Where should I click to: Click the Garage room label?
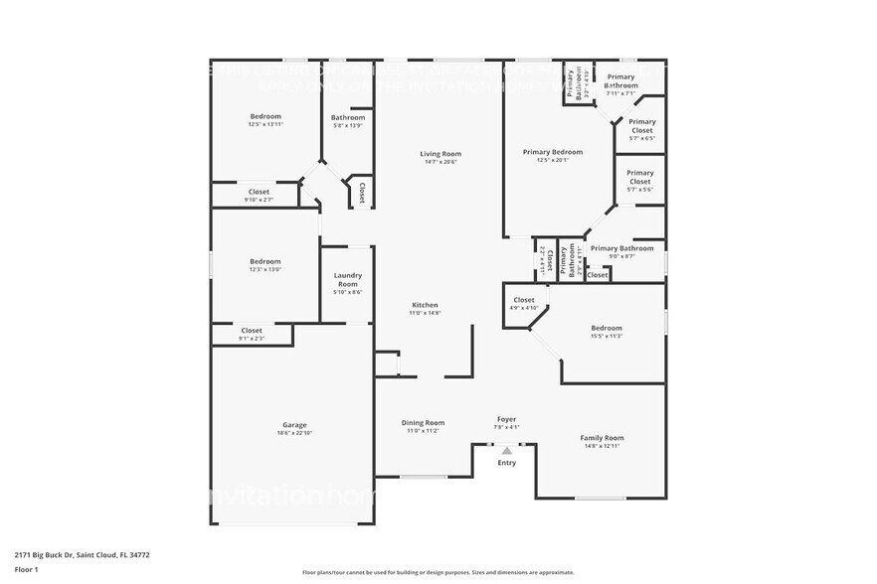click(294, 424)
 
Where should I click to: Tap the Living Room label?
click(440, 154)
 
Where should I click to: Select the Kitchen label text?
click(425, 305)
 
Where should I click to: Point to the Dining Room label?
click(423, 422)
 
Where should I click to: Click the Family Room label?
click(602, 438)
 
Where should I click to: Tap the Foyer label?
click(506, 419)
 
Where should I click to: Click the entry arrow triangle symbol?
click(507, 450)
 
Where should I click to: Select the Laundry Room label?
click(347, 279)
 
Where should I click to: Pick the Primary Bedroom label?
click(553, 152)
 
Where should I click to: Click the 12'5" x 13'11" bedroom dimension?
click(265, 125)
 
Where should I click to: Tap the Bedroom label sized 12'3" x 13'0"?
click(264, 261)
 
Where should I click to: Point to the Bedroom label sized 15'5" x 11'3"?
click(607, 328)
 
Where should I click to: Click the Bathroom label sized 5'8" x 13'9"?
click(348, 117)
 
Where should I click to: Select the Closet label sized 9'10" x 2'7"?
click(259, 192)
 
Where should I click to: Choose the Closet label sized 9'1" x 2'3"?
click(252, 330)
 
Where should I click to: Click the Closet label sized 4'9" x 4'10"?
click(524, 300)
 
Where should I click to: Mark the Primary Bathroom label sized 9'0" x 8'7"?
click(621, 248)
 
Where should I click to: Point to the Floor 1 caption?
click(26, 569)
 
